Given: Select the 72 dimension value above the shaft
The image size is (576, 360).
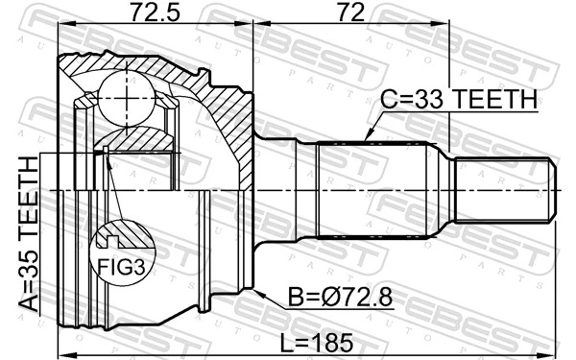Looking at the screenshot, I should pos(350,13).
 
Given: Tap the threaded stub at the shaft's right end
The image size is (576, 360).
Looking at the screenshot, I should pos(504,189).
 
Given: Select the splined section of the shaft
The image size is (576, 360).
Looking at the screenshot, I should pos(374,189).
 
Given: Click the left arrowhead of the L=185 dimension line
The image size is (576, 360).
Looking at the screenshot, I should pos(62,331).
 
